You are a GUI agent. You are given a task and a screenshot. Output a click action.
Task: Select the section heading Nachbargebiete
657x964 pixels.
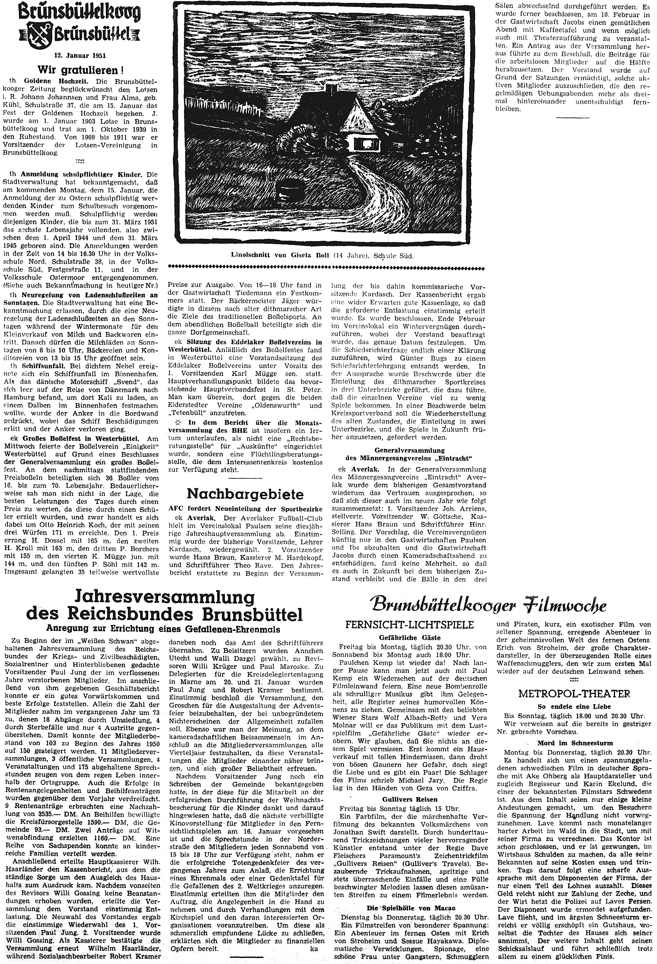(x=245, y=493)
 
